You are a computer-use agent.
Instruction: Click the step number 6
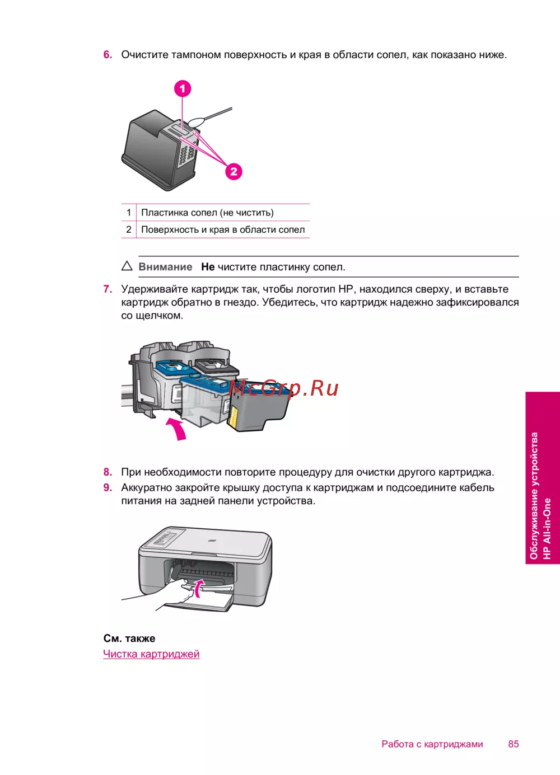point(108,55)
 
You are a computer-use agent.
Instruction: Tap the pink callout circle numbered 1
point(183,88)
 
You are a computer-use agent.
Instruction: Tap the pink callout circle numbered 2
point(234,171)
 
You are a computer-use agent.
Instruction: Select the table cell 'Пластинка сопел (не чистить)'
point(207,213)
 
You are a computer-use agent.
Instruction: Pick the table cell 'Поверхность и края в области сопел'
point(223,229)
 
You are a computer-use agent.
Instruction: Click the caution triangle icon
point(127,266)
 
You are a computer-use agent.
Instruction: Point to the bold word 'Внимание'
point(165,267)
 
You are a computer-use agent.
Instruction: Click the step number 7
point(108,289)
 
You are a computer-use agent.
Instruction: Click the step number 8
point(108,472)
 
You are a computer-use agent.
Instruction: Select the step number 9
point(108,488)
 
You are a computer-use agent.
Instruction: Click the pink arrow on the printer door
point(199,588)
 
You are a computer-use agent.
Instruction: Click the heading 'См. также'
point(129,638)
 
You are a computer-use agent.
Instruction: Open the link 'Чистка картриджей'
point(151,654)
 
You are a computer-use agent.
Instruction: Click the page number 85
point(514,744)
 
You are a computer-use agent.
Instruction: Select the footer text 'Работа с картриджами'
point(432,744)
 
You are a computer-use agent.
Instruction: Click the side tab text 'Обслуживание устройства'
point(534,495)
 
